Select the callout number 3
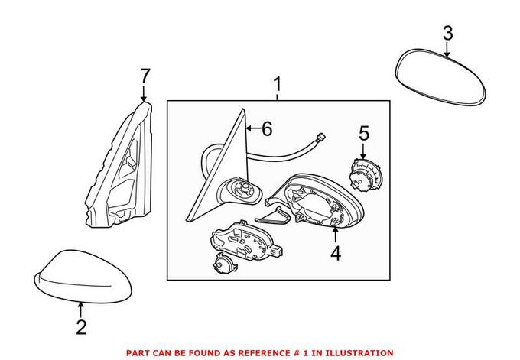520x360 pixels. (447, 33)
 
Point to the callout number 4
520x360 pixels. (336, 252)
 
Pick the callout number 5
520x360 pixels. (364, 133)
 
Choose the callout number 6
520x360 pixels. (266, 129)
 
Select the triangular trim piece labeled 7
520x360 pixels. (122, 168)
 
